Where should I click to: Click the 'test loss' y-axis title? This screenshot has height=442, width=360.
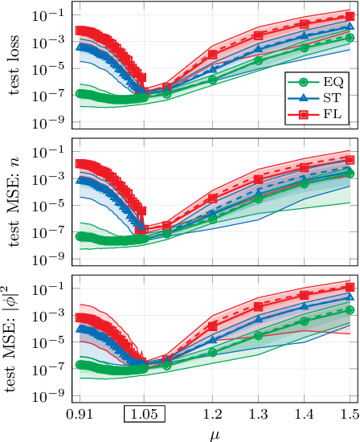pos(16,68)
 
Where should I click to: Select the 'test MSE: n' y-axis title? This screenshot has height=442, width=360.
pos(16,204)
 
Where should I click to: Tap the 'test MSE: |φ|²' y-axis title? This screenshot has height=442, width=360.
pos(16,341)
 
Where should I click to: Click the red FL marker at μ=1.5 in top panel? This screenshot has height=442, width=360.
pos(350,16)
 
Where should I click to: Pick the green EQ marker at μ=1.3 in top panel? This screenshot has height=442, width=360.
pos(258,60)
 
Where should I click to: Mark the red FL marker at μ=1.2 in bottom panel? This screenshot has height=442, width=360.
pos(212,326)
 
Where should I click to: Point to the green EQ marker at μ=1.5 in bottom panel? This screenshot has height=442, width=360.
pos(350,309)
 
